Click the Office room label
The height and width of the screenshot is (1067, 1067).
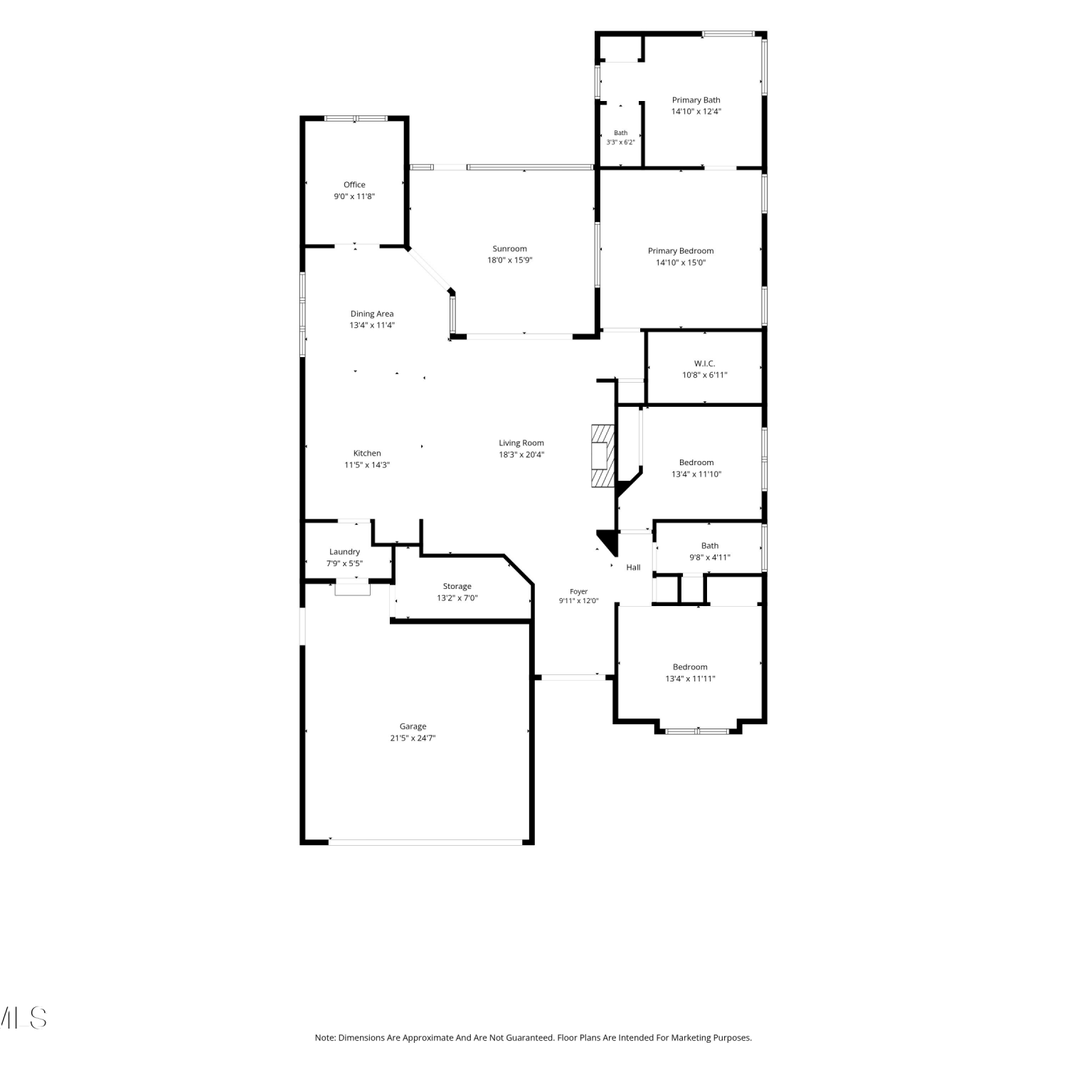(354, 185)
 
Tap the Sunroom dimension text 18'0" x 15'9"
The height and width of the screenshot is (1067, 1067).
(510, 260)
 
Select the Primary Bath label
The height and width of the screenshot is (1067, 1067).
(696, 100)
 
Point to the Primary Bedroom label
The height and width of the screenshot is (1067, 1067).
(681, 251)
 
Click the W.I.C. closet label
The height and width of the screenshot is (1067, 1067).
(705, 363)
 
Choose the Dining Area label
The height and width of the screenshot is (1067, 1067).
(372, 314)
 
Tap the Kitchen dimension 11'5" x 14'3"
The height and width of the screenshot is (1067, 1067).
(367, 465)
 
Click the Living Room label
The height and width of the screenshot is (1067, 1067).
(521, 443)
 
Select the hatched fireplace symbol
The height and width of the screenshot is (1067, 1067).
(602, 456)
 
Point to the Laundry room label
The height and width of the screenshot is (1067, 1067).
(344, 552)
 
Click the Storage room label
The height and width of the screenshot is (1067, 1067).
(457, 587)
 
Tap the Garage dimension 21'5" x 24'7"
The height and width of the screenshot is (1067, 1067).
(413, 738)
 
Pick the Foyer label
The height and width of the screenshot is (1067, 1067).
(579, 592)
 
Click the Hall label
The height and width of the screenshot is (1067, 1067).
(634, 568)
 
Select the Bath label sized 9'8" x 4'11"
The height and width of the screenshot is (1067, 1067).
(710, 546)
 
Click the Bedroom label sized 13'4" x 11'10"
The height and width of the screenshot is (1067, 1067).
(696, 462)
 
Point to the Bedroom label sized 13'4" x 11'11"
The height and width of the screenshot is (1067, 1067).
(690, 667)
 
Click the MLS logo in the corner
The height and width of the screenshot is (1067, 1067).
(23, 1018)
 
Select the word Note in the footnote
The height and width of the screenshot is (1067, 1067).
(325, 1038)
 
